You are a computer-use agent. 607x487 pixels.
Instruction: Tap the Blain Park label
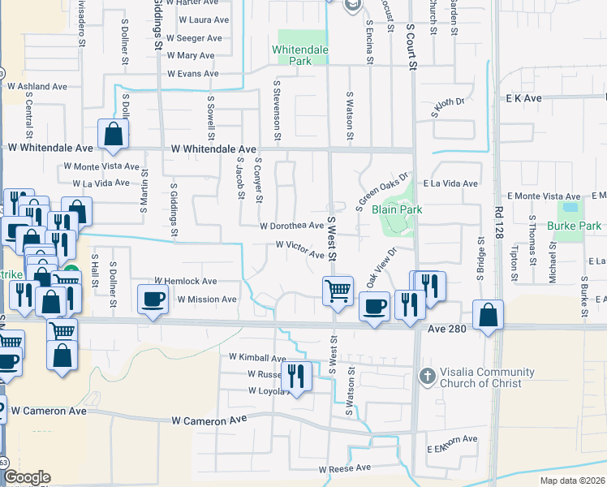tap(397, 209)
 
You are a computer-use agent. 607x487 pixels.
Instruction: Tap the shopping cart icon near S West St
tap(338, 290)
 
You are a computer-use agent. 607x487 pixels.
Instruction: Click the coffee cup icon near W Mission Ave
tap(153, 299)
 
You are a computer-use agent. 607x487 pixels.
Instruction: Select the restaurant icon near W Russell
tap(296, 376)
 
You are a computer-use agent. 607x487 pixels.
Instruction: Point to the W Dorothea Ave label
tap(292, 226)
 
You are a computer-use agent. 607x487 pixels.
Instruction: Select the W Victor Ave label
tap(300, 248)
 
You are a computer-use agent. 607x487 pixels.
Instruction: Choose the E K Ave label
tap(523, 98)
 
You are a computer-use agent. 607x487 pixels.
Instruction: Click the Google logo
tap(27, 477)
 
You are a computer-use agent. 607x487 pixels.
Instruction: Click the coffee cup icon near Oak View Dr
tap(373, 307)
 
